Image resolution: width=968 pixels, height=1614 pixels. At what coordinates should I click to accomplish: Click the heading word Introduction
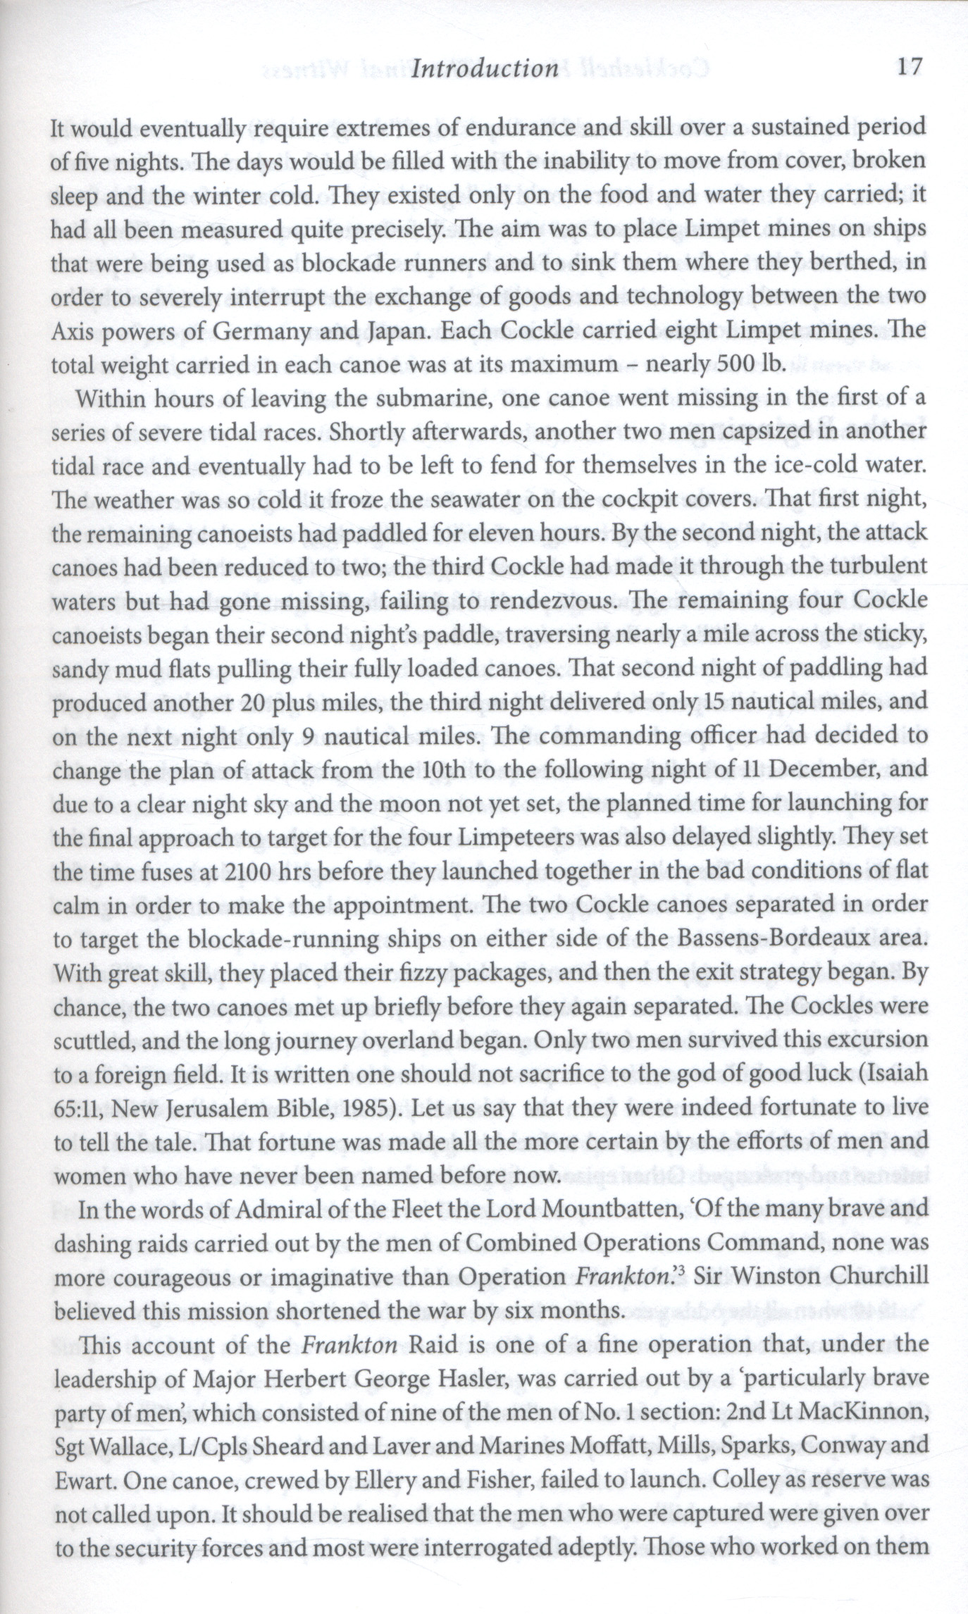coord(484,68)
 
